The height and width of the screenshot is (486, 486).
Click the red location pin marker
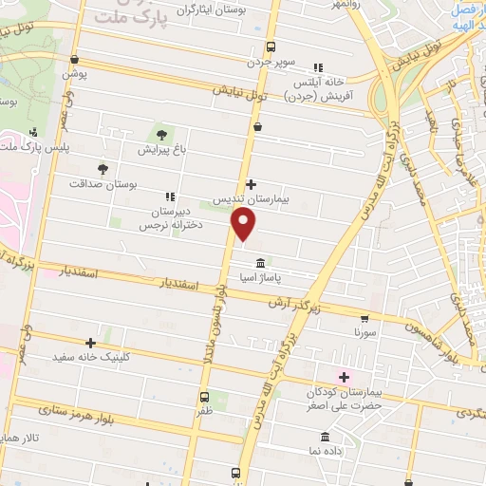point(244,225)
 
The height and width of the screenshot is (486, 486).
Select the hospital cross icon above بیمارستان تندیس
point(251,184)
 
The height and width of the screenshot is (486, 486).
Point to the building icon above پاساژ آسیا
point(258,263)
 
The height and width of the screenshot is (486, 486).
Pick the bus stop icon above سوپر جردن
point(271,47)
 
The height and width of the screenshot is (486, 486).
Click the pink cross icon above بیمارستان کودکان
point(344,377)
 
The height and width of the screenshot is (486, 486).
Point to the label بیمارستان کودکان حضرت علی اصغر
point(346,398)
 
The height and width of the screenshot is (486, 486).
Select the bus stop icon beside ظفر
point(204,397)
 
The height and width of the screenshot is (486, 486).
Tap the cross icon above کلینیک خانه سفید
point(91,343)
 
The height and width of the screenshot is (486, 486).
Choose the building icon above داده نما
point(326,437)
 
